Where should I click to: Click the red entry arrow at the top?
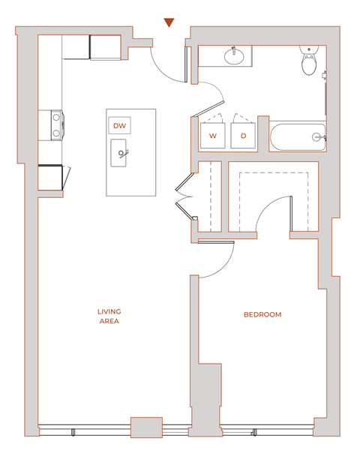pyautogui.click(x=169, y=22)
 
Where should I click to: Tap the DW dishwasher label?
pyautogui.click(x=119, y=126)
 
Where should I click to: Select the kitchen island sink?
pyautogui.click(x=122, y=154)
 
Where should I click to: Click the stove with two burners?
pyautogui.click(x=56, y=125)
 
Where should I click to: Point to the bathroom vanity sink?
pyautogui.click(x=234, y=55)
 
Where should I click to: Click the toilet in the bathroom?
pyautogui.click(x=307, y=61)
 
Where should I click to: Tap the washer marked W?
pyautogui.click(x=212, y=136)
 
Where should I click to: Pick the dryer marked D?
pyautogui.click(x=243, y=136)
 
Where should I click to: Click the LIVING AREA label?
pyautogui.click(x=109, y=316)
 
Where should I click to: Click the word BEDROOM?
pyautogui.click(x=262, y=315)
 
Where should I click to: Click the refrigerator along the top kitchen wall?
pyautogui.click(x=106, y=46)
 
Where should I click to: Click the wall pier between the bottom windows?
pyautogui.click(x=146, y=427)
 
